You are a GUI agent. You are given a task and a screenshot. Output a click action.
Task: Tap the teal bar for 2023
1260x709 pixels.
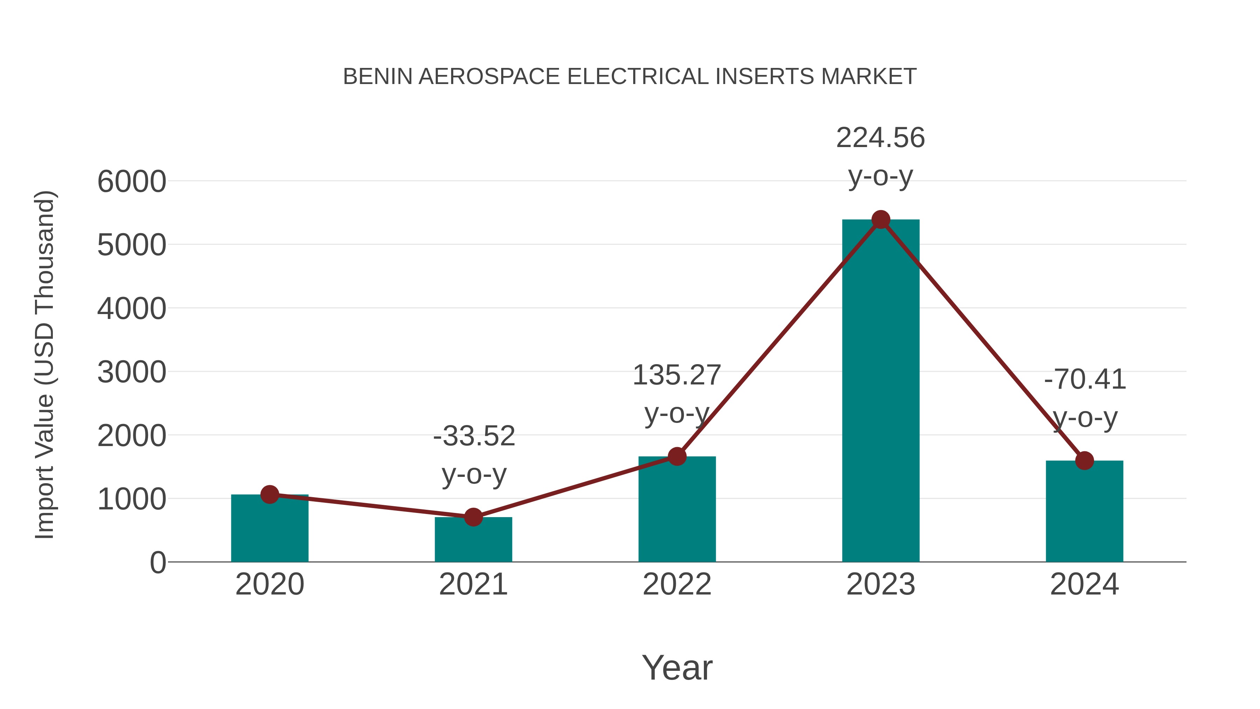tap(881, 391)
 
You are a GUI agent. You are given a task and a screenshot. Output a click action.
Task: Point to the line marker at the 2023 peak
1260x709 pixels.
tap(881, 220)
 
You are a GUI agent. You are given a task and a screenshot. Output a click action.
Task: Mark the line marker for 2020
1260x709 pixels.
tap(269, 495)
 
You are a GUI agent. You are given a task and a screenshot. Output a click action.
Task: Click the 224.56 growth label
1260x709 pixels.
tap(881, 138)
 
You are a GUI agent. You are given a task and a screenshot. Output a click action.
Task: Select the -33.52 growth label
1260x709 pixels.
tap(474, 436)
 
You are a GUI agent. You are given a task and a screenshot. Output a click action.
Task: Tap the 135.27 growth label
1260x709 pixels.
tap(677, 375)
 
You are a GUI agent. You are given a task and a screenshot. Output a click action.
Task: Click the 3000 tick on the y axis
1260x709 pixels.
tap(132, 373)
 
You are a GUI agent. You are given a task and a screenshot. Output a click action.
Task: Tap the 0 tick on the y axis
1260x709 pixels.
tap(157, 563)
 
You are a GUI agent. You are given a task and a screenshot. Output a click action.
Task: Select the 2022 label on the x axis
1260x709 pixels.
tap(677, 584)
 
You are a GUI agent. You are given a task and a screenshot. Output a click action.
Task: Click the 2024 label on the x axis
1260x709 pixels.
tap(1084, 584)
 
